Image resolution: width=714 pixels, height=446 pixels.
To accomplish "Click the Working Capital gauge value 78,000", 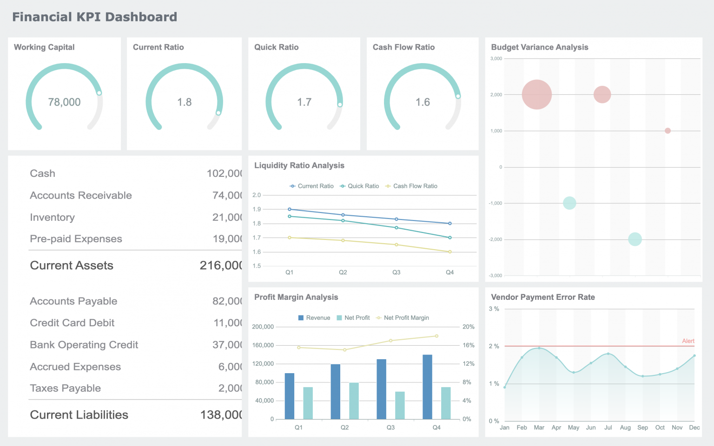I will tap(64, 102).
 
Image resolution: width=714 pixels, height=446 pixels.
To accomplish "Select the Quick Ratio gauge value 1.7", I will tap(304, 102).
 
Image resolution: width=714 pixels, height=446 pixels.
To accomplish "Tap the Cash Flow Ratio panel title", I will tap(403, 47).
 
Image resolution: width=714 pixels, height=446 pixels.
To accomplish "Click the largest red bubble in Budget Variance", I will tap(536, 95).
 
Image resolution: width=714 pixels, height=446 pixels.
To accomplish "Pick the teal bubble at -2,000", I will tap(635, 239).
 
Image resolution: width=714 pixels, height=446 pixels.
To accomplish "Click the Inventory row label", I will tap(52, 217).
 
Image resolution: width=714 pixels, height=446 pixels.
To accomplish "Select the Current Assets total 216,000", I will tap(221, 265).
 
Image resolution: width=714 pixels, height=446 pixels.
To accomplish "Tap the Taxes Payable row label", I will tap(65, 388).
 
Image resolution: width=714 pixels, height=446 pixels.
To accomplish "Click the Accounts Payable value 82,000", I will tap(227, 301).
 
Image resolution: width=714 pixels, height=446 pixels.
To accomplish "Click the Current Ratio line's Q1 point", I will tap(290, 209).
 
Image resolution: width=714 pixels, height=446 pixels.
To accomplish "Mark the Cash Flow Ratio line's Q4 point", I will tap(450, 252).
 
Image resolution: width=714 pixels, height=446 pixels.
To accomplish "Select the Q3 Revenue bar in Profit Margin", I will tap(381, 389).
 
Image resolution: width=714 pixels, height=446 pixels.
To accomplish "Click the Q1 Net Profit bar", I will tap(308, 403).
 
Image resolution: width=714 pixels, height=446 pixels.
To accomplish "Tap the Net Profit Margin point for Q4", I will tap(436, 336).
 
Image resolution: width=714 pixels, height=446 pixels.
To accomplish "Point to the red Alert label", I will tap(688, 341).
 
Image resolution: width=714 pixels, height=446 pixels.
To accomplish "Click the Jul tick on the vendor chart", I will tap(608, 427).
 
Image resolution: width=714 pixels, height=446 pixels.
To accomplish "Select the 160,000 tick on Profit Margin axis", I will tap(263, 345).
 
